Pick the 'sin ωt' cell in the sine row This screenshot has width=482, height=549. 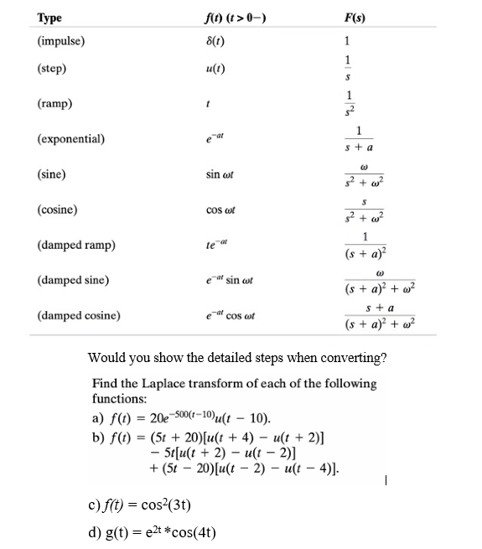pos(220,175)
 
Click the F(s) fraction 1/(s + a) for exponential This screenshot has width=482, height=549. pos(359,139)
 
